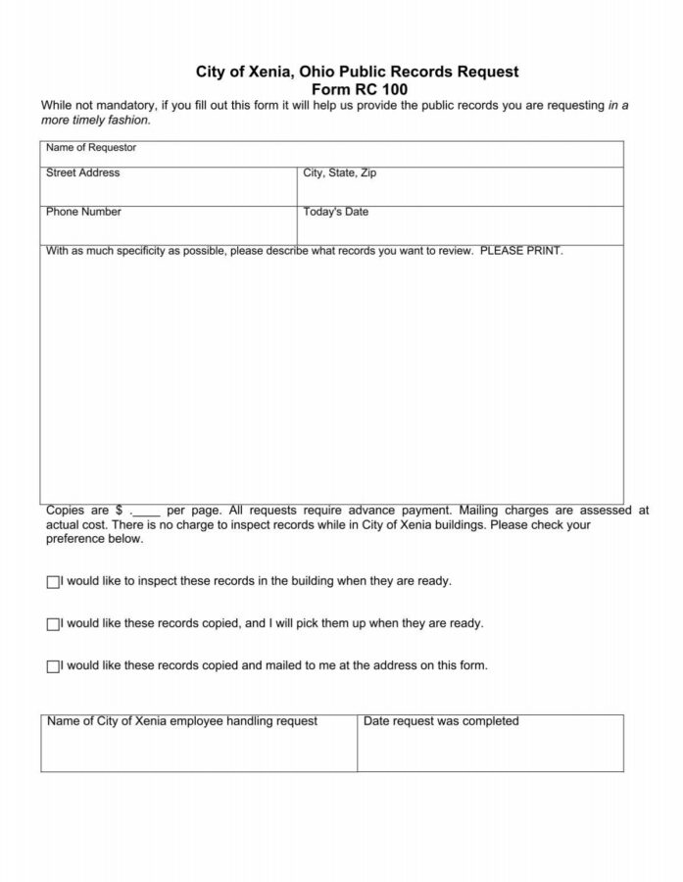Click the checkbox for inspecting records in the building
[53, 582]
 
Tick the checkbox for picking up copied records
[53, 624]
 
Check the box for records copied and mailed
[53, 666]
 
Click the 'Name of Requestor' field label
[91, 148]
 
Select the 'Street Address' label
[83, 173]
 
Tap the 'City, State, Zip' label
[339, 173]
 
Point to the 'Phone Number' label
[84, 212]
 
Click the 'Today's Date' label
[336, 212]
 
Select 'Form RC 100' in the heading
[352, 88]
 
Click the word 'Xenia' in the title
[264, 72]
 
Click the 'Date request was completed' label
[441, 721]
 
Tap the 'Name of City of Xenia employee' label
[182, 721]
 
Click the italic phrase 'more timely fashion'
[95, 121]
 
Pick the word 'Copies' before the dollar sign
[65, 511]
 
